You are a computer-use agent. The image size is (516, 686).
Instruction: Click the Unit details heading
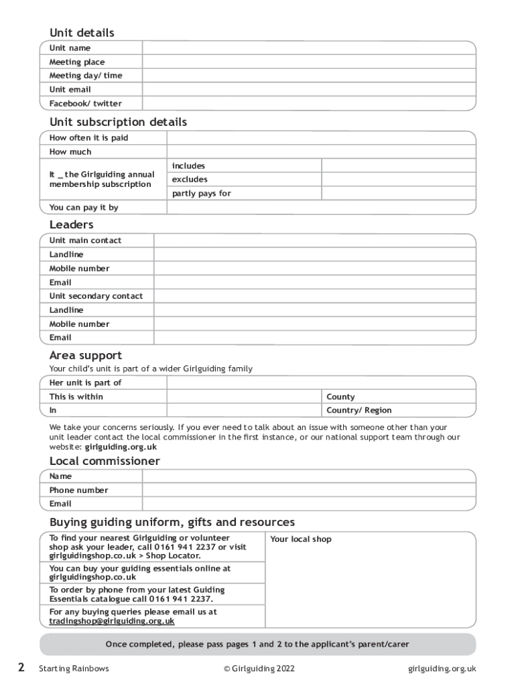pyautogui.click(x=82, y=33)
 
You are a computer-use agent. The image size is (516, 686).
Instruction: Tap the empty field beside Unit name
pyautogui.click(x=308, y=48)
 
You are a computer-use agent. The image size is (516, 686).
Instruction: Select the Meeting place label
pyautogui.click(x=77, y=62)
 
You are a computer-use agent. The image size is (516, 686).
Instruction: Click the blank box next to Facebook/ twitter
pyautogui.click(x=308, y=103)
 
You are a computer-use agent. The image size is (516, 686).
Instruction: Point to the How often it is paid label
pyautogui.click(x=88, y=137)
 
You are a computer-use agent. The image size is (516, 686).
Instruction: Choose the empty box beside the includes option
pyautogui.click(x=398, y=165)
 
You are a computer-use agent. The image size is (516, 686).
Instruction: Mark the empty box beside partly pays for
pyautogui.click(x=398, y=194)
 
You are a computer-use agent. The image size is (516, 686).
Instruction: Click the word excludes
pyautogui.click(x=190, y=180)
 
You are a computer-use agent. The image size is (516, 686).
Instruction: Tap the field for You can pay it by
pyautogui.click(x=321, y=208)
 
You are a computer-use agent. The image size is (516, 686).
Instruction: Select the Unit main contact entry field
pyautogui.click(x=314, y=241)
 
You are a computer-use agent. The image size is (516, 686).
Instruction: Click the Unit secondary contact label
pyautogui.click(x=96, y=296)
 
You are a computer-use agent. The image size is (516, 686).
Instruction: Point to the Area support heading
pyautogui.click(x=85, y=356)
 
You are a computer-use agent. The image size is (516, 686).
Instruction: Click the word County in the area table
pyautogui.click(x=340, y=397)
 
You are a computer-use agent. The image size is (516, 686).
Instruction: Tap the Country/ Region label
pyautogui.click(x=359, y=411)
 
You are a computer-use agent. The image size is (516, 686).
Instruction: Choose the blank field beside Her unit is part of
pyautogui.click(x=321, y=383)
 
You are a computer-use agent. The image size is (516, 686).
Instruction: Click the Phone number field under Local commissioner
pyautogui.click(x=308, y=490)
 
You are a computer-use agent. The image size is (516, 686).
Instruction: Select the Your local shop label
pyautogui.click(x=300, y=539)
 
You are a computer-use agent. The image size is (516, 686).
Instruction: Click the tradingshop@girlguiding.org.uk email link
pyautogui.click(x=112, y=621)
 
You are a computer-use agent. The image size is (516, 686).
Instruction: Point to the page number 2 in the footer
pyautogui.click(x=21, y=667)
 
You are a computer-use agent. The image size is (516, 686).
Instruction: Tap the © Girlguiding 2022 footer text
pyautogui.click(x=259, y=668)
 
